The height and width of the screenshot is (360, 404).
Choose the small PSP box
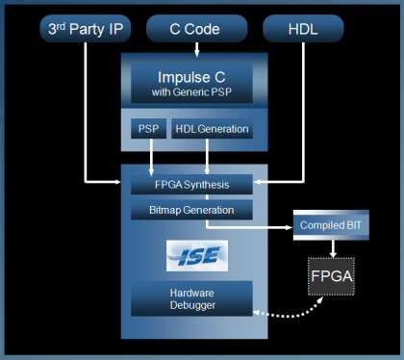[x=149, y=128]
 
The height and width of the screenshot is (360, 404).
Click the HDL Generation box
[x=211, y=128]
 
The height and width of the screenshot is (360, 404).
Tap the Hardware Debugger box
[x=192, y=298]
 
